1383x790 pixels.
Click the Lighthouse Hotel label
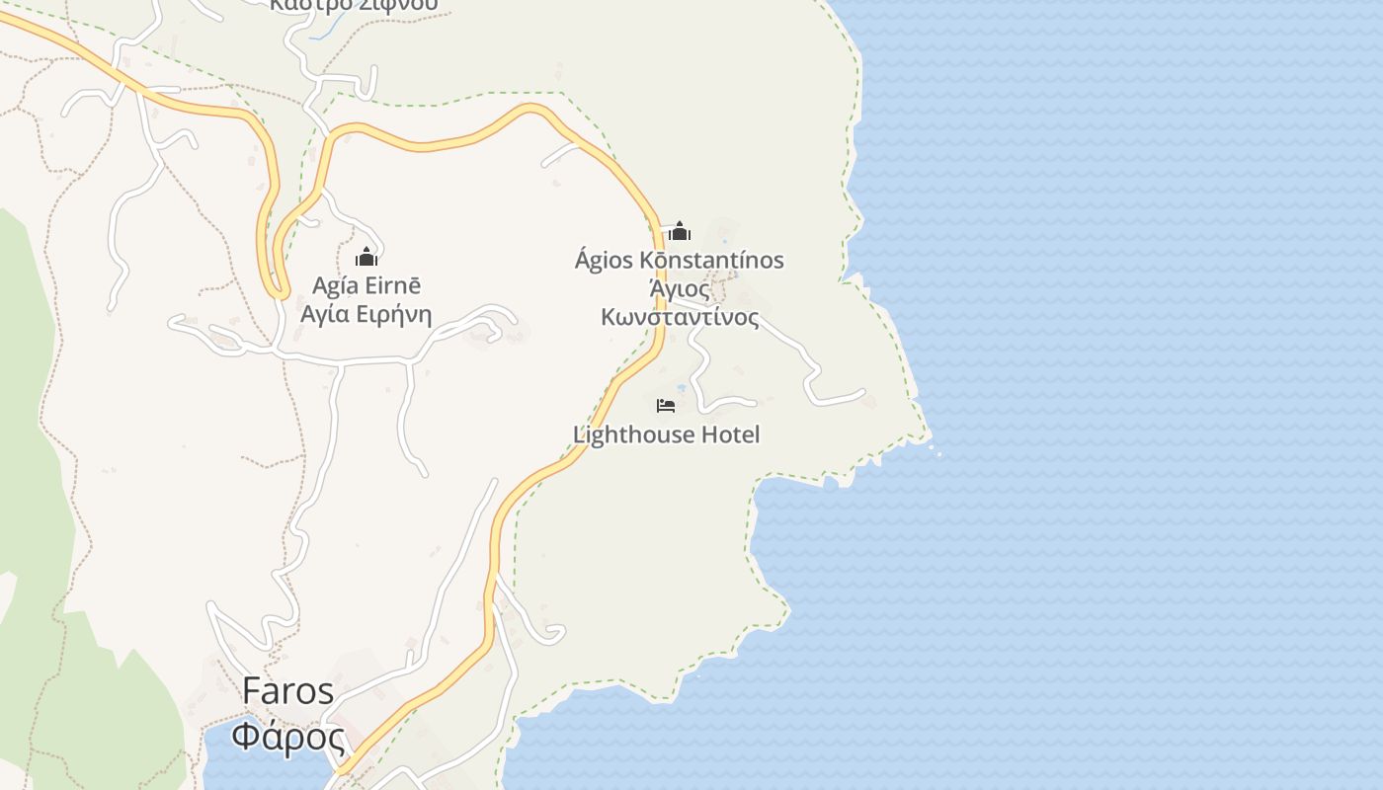coord(667,434)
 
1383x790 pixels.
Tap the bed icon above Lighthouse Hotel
coord(666,405)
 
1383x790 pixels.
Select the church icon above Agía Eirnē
coord(366,257)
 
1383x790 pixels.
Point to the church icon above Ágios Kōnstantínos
coord(680,231)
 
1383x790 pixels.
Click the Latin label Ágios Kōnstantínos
coord(680,261)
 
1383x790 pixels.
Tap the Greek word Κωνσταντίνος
coord(680,318)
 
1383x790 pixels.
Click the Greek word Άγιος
coord(680,289)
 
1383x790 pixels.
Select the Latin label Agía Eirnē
coord(366,286)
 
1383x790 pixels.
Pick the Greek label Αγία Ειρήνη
coord(366,315)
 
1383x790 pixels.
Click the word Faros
coord(288,691)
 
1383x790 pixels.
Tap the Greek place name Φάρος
coord(288,737)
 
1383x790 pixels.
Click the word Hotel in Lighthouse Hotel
coord(729,434)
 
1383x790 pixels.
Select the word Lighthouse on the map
coord(633,434)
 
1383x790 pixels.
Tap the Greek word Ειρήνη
coord(394,315)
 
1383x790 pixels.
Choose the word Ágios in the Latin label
coord(604,261)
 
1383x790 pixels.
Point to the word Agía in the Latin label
coord(334,286)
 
